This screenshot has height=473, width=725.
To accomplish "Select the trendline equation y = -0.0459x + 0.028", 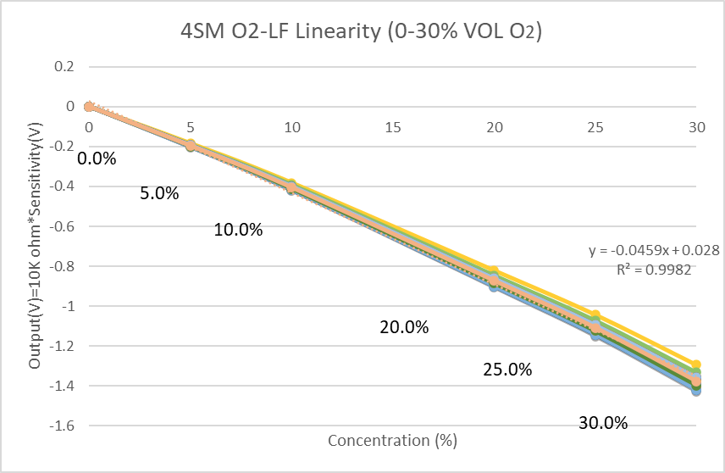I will tap(654, 251).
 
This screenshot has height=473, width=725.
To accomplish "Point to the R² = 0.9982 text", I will tap(654, 270).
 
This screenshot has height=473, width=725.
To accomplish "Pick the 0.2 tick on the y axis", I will tap(64, 67).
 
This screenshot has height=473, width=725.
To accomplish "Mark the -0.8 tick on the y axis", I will tap(62, 266).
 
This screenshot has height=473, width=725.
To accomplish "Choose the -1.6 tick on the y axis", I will tap(62, 426).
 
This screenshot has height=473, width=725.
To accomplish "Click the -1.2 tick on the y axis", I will tap(62, 346).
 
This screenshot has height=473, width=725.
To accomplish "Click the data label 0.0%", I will tap(97, 159).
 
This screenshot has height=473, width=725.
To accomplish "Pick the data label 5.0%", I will tap(159, 193).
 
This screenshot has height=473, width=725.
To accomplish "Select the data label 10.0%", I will tap(238, 230).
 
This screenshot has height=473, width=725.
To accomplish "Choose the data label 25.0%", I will tap(507, 370).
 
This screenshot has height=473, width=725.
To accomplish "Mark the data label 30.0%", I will tap(603, 423).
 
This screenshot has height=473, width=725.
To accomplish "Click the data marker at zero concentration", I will tap(89, 107).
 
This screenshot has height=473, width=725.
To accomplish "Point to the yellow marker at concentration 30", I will tap(696, 364).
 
